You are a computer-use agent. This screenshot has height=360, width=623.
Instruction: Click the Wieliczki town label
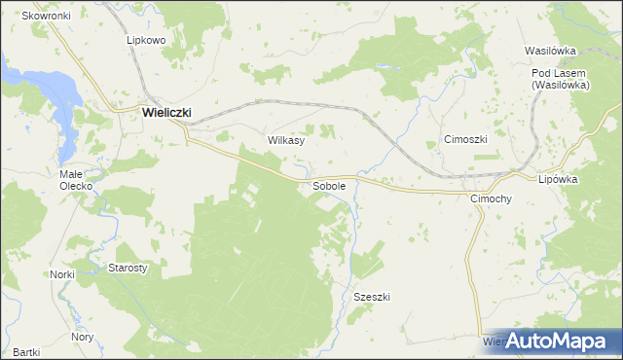(x=166, y=112)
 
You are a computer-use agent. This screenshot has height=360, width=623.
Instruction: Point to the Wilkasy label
(x=286, y=140)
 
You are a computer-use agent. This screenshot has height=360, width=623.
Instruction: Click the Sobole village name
(x=329, y=185)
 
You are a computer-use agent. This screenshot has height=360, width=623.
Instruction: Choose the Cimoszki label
(x=465, y=139)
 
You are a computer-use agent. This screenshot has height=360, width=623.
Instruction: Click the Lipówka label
(x=559, y=180)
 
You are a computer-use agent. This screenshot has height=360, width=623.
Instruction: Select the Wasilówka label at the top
(x=551, y=50)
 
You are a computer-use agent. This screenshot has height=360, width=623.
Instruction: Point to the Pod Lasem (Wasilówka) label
(x=557, y=80)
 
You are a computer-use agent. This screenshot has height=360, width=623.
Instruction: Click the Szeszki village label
(x=372, y=297)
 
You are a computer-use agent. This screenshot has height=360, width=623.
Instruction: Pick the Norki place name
(x=62, y=275)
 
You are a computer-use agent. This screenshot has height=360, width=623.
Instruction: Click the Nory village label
(x=83, y=337)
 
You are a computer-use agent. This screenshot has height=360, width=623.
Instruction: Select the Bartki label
(x=26, y=351)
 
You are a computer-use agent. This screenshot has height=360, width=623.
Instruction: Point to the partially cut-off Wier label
(x=492, y=342)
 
